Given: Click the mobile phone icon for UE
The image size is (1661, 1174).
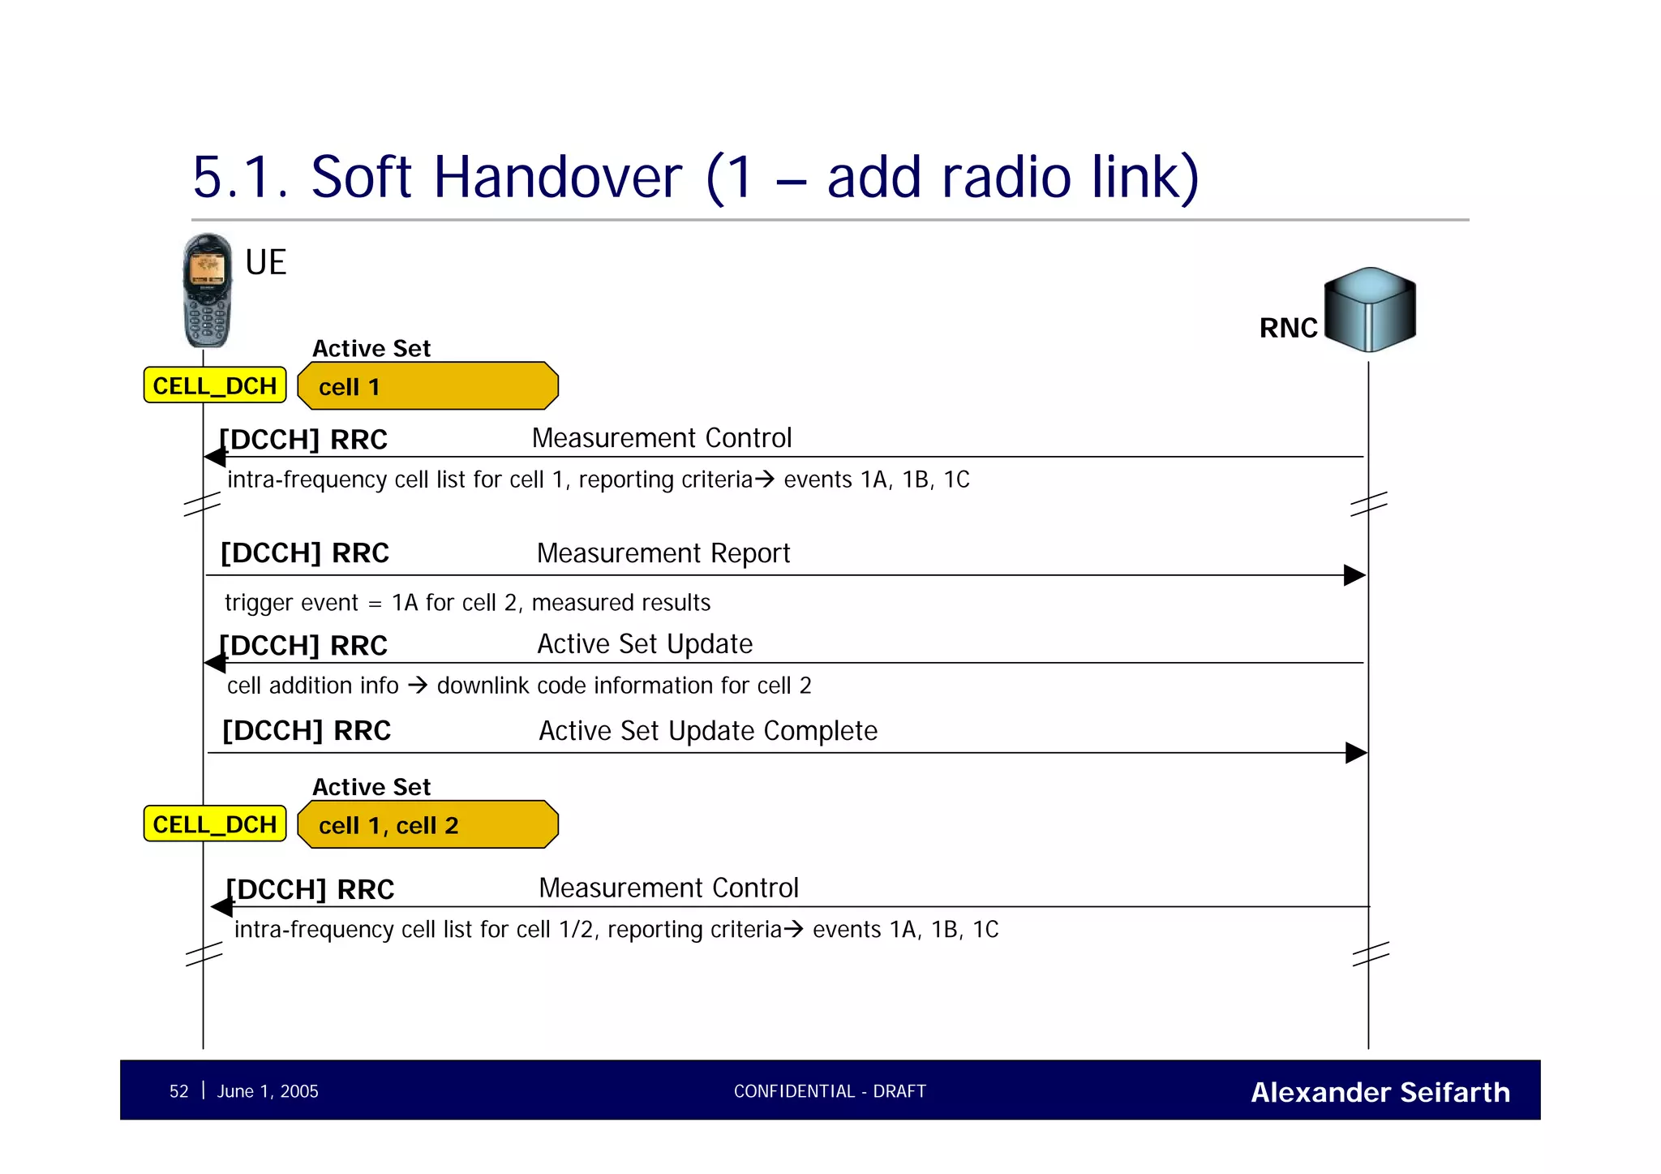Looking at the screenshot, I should pos(207,290).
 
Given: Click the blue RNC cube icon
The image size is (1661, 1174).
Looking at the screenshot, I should pos(1370,309).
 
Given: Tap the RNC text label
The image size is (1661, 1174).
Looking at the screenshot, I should pos(1287,328).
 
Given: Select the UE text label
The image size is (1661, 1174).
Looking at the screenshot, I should pos(265,263).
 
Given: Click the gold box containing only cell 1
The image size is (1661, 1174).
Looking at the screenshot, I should pos(427,386).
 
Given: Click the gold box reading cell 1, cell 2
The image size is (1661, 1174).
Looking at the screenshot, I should pos(427,825).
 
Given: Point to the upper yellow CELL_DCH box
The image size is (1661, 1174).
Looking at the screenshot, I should pos(215,385).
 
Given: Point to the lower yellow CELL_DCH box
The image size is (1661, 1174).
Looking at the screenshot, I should pos(215,824).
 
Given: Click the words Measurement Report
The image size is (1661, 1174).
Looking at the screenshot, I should pos(663,553).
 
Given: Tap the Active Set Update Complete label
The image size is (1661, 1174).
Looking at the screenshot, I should pos(707,731).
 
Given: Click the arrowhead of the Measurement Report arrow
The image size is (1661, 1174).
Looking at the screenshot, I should pos(1354,575).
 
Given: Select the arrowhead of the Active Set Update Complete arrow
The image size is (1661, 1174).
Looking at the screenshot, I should pos(1355,753).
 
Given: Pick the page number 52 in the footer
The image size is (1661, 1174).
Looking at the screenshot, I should pos(178,1091).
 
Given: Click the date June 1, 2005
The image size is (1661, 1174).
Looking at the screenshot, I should pos(268,1091).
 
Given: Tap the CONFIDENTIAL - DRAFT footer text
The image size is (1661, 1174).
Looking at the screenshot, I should pos(830,1091).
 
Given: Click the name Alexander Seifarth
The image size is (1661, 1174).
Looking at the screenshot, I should pos(1380,1092).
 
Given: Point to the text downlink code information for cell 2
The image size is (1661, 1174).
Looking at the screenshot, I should pos(623,686).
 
